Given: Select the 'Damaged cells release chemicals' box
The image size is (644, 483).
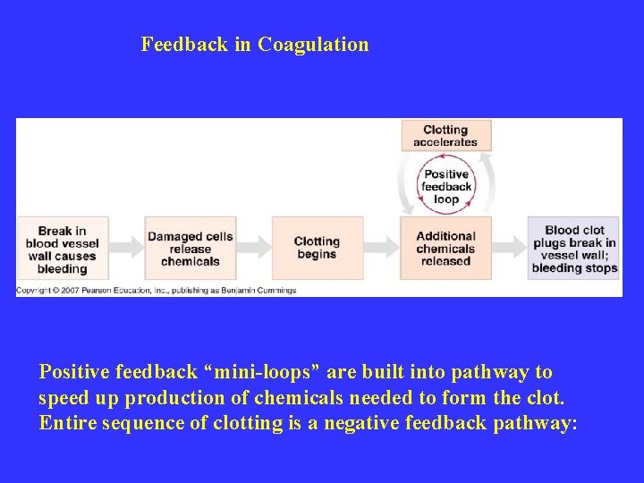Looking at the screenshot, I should (190, 249).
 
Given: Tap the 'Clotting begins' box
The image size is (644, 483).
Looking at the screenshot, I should (317, 248).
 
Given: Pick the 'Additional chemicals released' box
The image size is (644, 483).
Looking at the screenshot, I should (445, 248).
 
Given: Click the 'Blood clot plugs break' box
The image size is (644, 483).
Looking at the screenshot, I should (574, 248).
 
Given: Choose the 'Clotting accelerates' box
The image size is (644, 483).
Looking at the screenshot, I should (445, 136).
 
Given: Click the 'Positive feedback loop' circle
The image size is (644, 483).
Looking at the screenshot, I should (446, 187).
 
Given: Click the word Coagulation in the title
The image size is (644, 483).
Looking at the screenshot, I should (313, 45).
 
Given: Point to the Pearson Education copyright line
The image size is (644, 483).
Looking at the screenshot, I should (156, 291).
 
